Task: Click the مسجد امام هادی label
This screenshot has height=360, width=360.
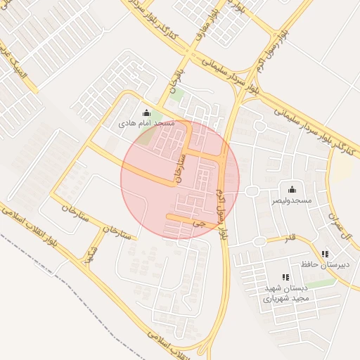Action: click(x=146, y=123)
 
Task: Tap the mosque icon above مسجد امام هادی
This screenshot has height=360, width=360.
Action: click(x=146, y=112)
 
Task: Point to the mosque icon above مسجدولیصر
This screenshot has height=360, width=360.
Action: click(x=292, y=189)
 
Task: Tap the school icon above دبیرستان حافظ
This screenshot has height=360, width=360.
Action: click(x=324, y=254)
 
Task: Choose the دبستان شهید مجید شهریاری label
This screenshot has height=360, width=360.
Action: click(x=285, y=293)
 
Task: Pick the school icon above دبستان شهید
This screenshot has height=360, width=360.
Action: click(x=285, y=278)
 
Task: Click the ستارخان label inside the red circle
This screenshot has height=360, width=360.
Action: click(x=179, y=167)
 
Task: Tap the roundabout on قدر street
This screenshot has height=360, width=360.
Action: click(x=260, y=241)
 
